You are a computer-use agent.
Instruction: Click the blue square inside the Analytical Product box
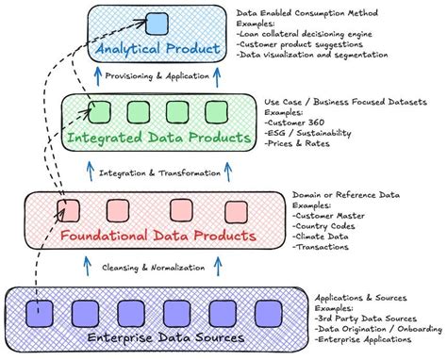(156, 25)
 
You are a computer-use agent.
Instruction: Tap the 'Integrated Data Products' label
(159, 139)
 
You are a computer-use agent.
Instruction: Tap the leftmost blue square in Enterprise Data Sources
(39, 309)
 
